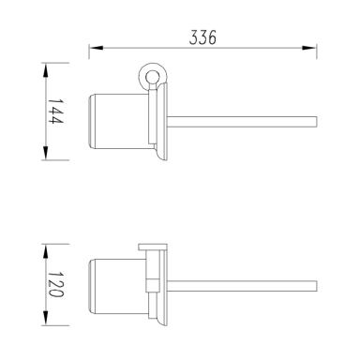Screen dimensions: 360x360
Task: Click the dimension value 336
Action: [x=202, y=37]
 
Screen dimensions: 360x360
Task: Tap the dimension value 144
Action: [x=55, y=112]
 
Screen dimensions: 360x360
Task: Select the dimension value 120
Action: [x=55, y=284]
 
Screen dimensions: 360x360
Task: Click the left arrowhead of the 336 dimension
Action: [x=97, y=48]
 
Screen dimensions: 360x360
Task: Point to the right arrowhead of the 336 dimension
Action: [x=309, y=48]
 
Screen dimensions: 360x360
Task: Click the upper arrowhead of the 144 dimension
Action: [x=46, y=70]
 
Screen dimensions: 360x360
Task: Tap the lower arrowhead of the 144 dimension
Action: [x=46, y=153]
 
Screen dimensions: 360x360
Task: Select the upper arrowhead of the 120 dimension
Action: [x=46, y=251]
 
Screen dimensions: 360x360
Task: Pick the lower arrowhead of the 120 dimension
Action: [x=46, y=318]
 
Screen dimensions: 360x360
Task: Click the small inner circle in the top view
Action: [x=153, y=75]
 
